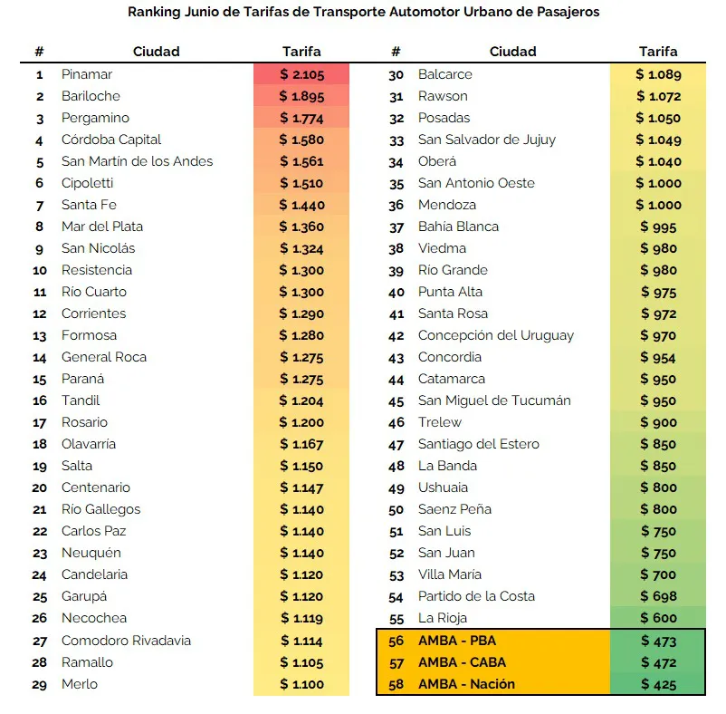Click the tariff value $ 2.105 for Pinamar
pos(301,74)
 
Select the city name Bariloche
pos(91,96)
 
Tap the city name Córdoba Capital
pos(111,140)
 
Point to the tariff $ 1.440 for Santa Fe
pos(301,205)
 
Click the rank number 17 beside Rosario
pos(40,423)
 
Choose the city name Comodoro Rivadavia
pos(126,641)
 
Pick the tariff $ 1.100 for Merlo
pos(301,684)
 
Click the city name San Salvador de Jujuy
pos(487,140)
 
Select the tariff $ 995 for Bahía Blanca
pos(658,227)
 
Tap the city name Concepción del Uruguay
pos(496,335)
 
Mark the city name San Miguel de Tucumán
pos(494,400)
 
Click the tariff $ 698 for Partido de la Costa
pos(658,596)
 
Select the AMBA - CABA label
pos(462,662)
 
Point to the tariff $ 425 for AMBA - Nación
pos(658,684)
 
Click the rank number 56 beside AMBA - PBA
pos(396,641)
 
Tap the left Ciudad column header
pos(156,52)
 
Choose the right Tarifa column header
pos(658,52)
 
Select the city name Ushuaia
pos(444,487)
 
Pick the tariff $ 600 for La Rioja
pos(658,618)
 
